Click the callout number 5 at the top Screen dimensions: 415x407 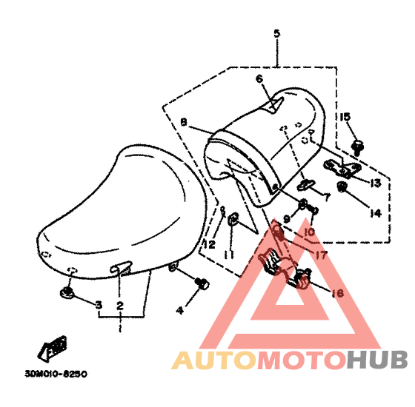(276, 33)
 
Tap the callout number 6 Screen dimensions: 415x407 (259, 78)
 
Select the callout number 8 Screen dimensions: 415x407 (184, 122)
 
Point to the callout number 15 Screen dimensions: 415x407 (345, 117)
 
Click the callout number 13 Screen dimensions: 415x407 (375, 183)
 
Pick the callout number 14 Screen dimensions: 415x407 (376, 213)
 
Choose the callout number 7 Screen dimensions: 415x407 (327, 197)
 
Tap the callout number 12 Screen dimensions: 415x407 (209, 245)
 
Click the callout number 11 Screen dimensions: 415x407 (229, 255)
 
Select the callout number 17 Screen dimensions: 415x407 (321, 255)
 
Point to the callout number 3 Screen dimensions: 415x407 (99, 305)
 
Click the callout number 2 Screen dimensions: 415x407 (120, 306)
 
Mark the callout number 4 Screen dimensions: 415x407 (180, 310)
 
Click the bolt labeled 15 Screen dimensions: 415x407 (357, 148)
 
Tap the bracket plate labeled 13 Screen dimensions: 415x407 (342, 168)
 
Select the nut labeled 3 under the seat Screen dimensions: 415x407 (67, 293)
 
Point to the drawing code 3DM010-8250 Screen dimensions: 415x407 (56, 374)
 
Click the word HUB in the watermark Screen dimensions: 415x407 (377, 360)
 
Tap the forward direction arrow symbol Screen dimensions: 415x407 (53, 349)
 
